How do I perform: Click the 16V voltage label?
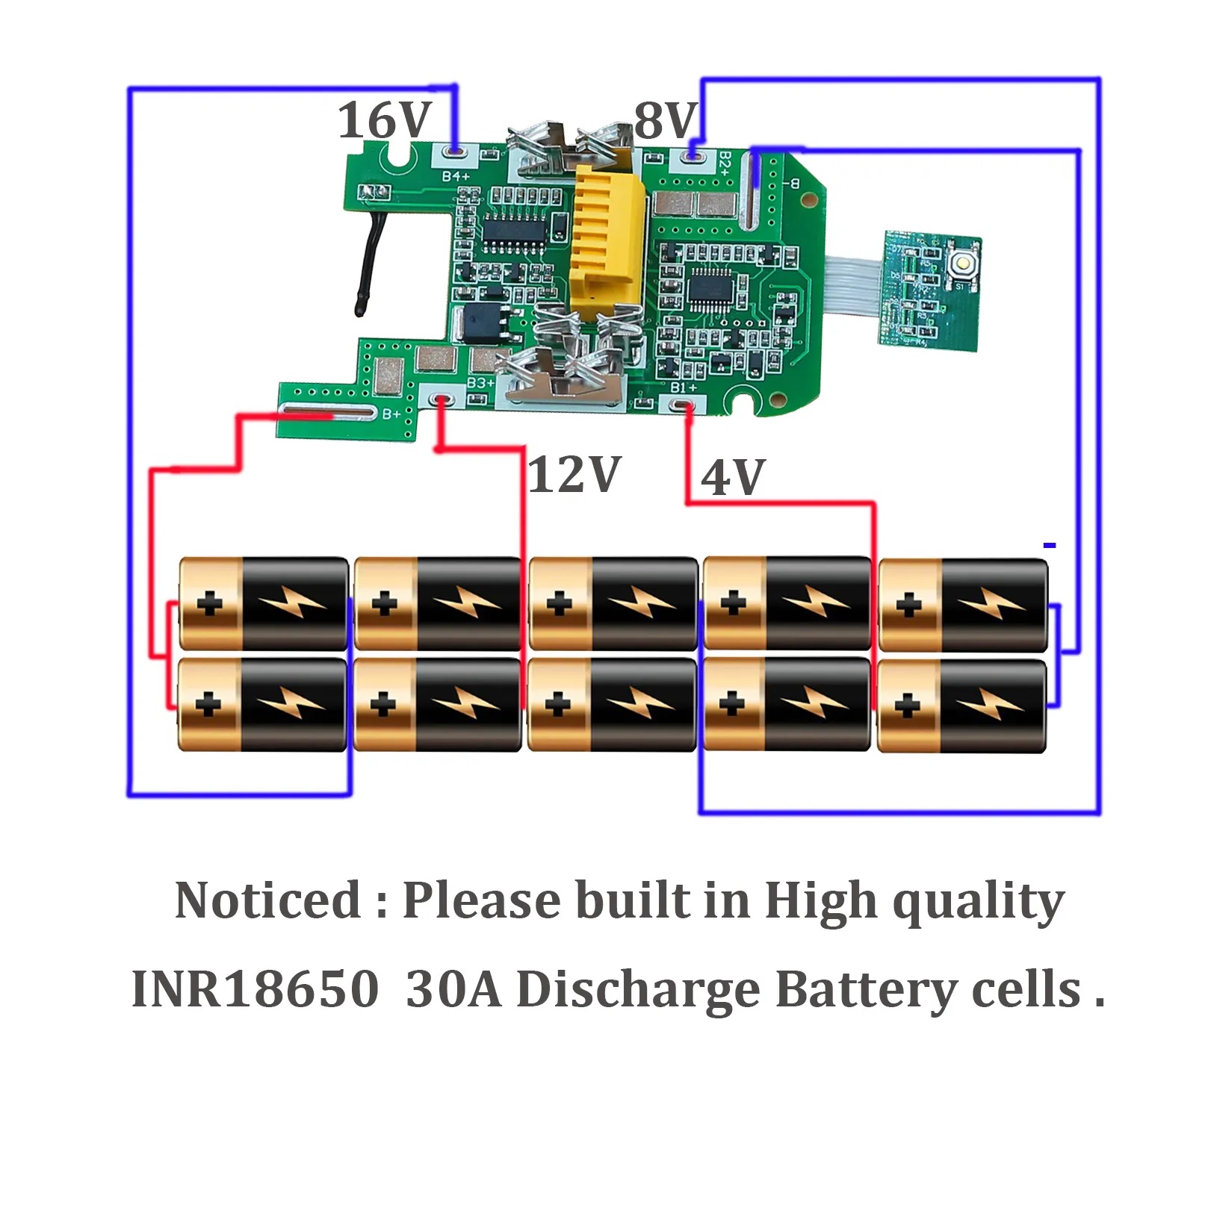(x=384, y=120)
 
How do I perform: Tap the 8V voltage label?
(x=666, y=120)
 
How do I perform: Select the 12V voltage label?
(x=574, y=474)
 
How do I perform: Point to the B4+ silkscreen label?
(x=456, y=176)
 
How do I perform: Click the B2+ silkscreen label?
(x=724, y=162)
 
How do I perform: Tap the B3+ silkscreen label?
(x=480, y=383)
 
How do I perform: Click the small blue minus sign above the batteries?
(x=1050, y=546)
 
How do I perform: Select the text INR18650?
(x=255, y=989)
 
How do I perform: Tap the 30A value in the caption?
(x=453, y=989)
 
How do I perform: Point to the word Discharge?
(x=638, y=991)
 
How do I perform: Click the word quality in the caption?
(x=978, y=902)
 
